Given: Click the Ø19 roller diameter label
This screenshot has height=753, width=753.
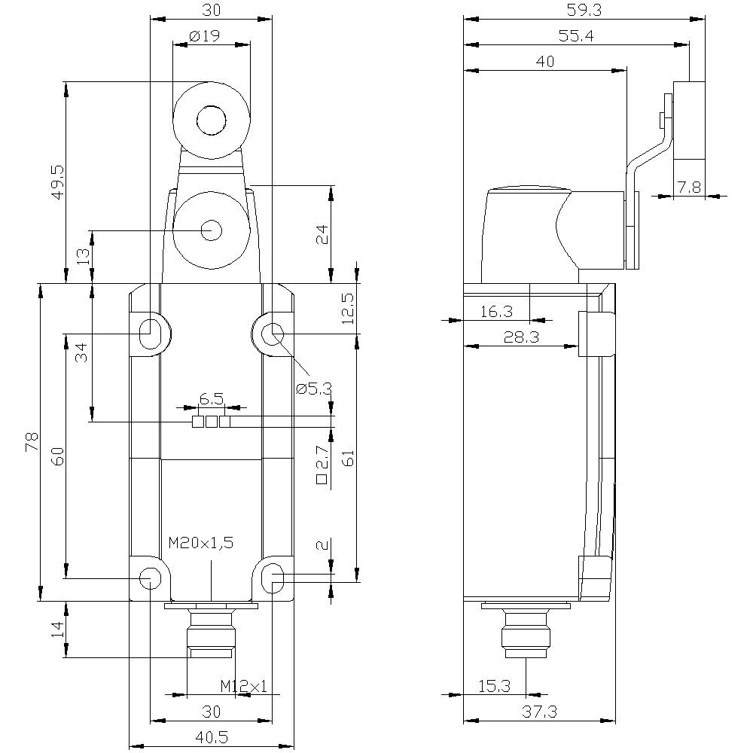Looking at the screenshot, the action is pos(205,36).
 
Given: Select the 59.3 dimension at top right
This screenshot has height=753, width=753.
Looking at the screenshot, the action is pos(584,10).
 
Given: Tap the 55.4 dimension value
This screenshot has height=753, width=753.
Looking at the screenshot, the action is pos(576,36).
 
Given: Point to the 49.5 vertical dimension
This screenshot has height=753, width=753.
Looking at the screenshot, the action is pos(58,183).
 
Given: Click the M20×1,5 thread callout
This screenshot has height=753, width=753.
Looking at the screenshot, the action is pos(201,543).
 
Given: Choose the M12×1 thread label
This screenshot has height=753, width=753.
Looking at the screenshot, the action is pos(243,686).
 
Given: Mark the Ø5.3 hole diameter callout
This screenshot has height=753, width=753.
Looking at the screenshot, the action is pos(314,389).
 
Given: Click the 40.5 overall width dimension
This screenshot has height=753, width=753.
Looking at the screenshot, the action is pos(212,737).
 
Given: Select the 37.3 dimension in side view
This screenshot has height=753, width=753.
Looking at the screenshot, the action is pos(539,712).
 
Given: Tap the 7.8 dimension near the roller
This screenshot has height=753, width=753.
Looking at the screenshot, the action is pos(689,187).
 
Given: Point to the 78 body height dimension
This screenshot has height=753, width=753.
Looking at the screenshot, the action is pos(32,441).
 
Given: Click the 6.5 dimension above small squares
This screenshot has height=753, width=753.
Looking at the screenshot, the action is pos(212,398).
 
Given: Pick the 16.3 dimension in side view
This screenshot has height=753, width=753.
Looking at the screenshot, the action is pos(496,312).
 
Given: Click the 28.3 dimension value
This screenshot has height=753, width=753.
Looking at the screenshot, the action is pos(522,337).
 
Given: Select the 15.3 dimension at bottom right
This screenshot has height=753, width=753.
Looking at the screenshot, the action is pos(494,686).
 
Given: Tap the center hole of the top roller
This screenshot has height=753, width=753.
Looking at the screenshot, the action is pos(212,119).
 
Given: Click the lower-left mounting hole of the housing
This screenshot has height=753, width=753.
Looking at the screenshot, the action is pos(151,578).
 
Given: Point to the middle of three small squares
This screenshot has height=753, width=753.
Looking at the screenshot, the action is pos(212,422).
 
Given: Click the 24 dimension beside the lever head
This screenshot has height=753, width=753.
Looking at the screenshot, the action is pos(323,234).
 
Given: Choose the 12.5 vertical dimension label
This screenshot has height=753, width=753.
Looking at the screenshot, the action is pos(349,308).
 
